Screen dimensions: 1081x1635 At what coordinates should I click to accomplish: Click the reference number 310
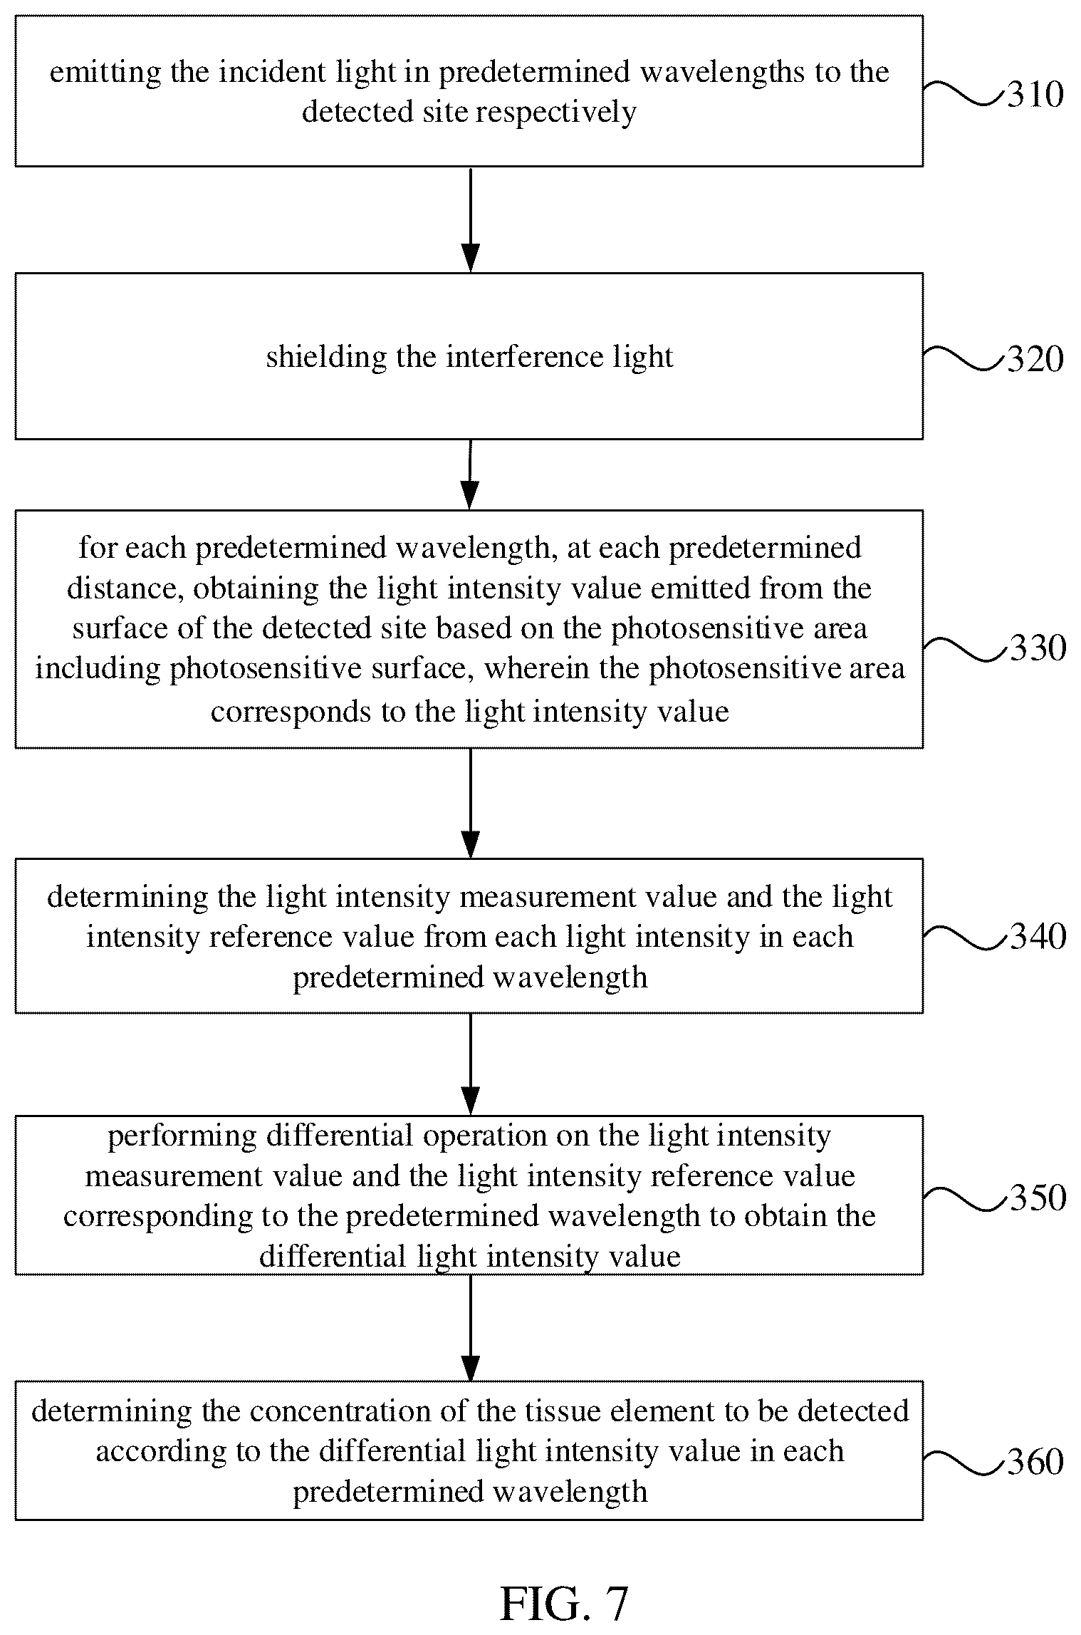[1035, 95]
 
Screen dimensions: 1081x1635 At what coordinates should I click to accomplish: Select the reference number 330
[1038, 648]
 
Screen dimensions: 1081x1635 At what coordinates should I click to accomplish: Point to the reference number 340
[1038, 937]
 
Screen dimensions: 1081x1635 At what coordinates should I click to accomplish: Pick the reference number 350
[1038, 1198]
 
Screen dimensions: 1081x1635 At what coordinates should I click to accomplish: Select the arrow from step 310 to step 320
[470, 220]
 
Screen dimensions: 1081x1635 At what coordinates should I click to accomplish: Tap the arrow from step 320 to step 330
[470, 474]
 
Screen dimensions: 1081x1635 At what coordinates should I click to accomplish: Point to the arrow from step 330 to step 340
[470, 804]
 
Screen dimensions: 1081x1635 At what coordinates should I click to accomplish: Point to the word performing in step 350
[182, 1137]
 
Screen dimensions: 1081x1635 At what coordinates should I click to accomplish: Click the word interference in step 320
[516, 357]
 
